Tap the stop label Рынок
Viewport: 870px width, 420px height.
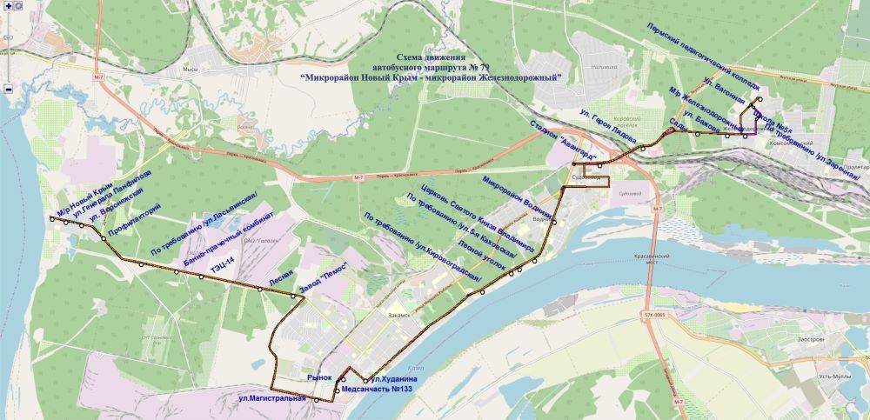pyautogui.click(x=320, y=378)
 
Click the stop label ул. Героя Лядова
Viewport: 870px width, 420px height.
pyautogui.click(x=608, y=123)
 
